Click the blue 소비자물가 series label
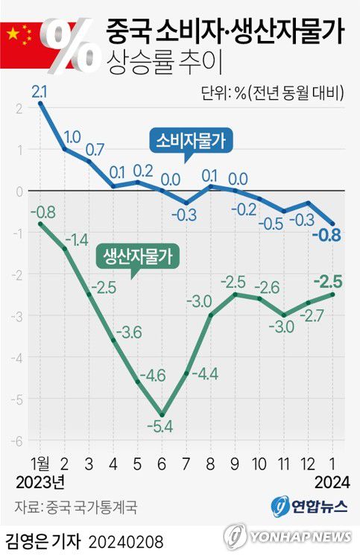point(192,139)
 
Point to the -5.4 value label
point(163,428)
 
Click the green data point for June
point(162,414)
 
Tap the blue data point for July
point(187,203)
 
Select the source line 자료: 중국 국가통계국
point(73,508)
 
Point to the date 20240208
point(126,540)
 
